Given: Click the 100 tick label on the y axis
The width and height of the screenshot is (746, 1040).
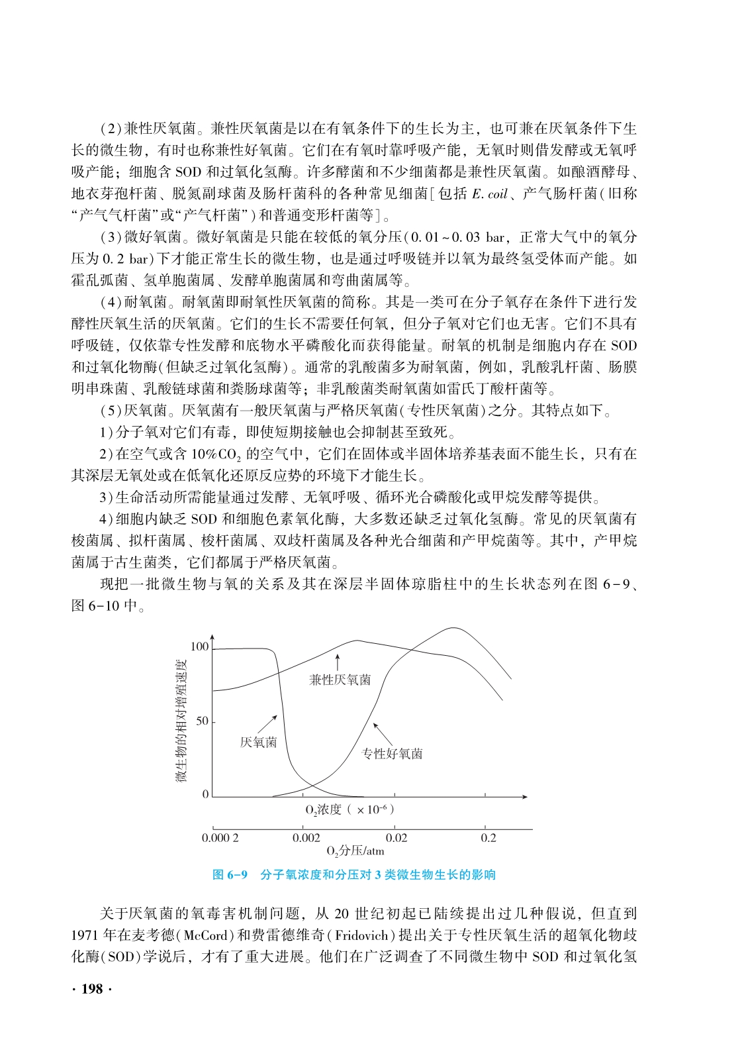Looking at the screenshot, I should (199, 647).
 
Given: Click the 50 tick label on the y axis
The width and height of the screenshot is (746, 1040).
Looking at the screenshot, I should (202, 721).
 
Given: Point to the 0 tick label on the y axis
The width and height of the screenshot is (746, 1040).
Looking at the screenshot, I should (205, 794).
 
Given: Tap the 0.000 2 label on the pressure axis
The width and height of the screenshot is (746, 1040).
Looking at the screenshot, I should (220, 838).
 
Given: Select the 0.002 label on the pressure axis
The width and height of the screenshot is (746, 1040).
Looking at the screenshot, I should (306, 838).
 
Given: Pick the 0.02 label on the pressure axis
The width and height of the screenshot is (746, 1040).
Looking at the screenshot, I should (396, 838).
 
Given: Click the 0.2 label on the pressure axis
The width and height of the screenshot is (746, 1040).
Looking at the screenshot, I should (489, 838).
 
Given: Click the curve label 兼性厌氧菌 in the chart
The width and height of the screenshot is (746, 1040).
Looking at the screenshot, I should (340, 680).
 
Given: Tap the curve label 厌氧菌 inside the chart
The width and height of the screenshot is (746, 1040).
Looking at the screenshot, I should (258, 743).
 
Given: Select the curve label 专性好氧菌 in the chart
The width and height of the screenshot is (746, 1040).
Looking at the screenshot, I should (393, 754).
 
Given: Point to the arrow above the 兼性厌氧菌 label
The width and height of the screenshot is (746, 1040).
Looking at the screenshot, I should (338, 662).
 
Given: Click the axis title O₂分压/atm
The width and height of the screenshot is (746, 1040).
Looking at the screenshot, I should (355, 851).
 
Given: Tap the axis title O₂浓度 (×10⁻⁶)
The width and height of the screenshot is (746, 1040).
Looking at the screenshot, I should (350, 809).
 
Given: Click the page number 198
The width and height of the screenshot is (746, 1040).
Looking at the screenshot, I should (91, 989).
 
